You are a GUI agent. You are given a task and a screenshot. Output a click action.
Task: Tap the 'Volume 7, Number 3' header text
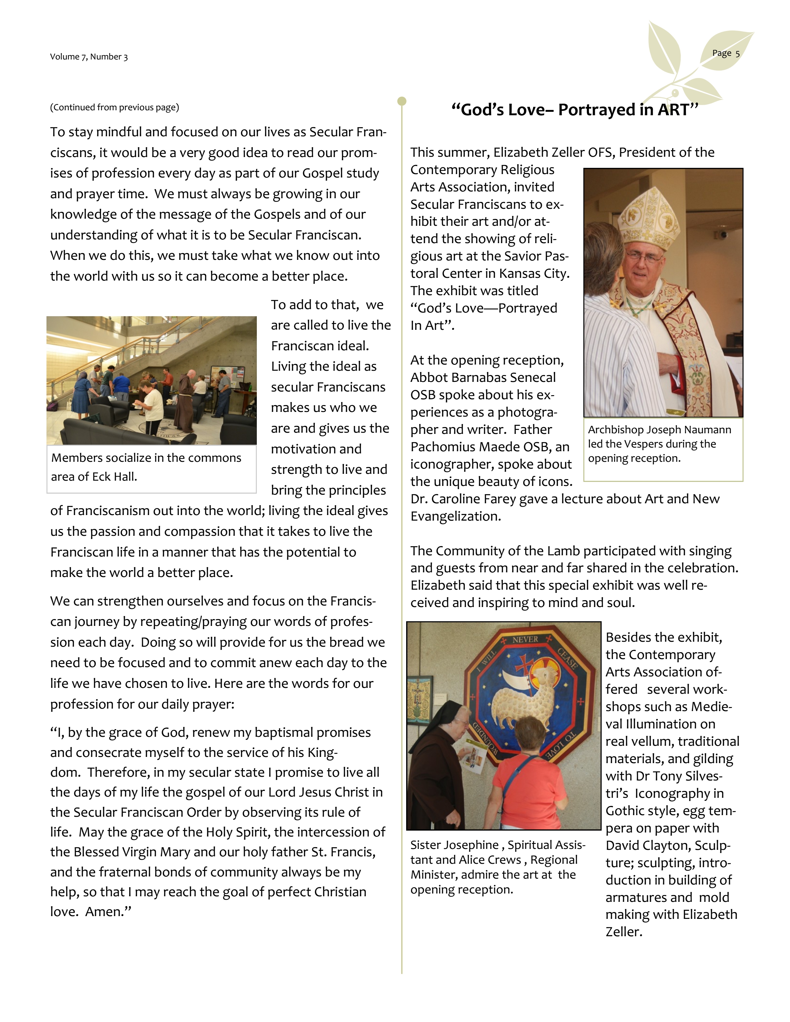click(89, 57)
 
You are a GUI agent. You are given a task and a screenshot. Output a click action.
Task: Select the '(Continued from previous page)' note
click(115, 107)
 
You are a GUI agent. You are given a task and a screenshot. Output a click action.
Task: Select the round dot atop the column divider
click(402, 101)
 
